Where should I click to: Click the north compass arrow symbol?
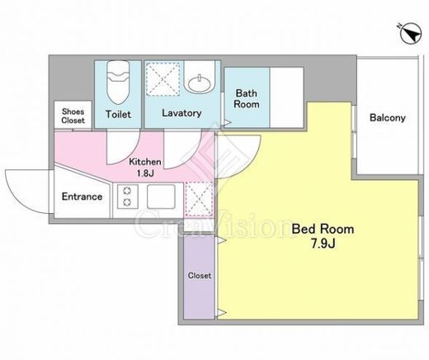[x=410, y=34]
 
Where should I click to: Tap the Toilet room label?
[x=118, y=114]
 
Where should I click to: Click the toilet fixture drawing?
[x=118, y=82]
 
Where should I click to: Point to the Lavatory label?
[x=181, y=113]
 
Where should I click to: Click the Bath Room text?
[x=247, y=98]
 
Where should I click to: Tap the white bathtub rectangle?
[x=286, y=97]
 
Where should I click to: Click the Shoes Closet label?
[x=73, y=116]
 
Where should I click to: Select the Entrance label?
[x=82, y=197]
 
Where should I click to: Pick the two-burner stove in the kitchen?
[x=127, y=197]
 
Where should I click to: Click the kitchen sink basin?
[x=161, y=197]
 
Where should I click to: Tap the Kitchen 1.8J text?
[x=145, y=167]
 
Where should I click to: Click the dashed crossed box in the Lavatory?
[x=163, y=79]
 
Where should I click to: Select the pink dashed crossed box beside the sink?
[x=200, y=199]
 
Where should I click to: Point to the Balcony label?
[x=387, y=118]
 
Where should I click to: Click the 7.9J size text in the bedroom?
[x=323, y=244]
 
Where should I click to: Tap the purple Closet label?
[x=200, y=276]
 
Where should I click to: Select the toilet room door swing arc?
[x=130, y=155]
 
